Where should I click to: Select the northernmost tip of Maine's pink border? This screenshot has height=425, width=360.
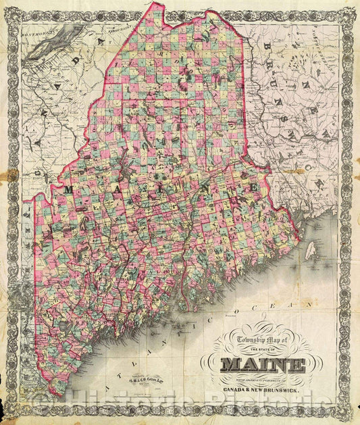[160, 4]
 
